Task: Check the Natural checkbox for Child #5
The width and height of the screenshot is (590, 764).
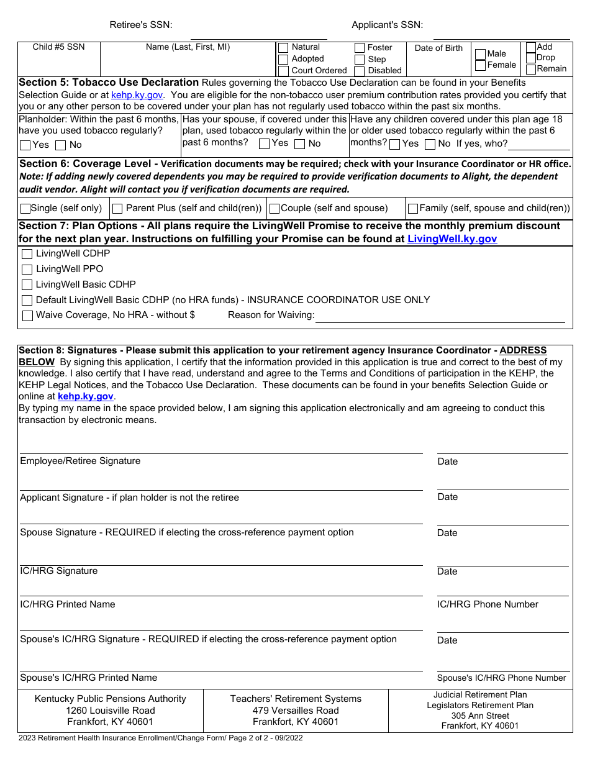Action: [x=283, y=48]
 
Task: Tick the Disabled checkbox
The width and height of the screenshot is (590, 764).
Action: [x=360, y=71]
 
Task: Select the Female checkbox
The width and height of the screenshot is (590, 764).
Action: [x=480, y=65]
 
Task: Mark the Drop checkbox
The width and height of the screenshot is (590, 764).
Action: [x=531, y=58]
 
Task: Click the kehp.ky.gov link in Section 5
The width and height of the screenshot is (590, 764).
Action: [x=137, y=95]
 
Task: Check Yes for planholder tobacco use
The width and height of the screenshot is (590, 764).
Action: [x=25, y=145]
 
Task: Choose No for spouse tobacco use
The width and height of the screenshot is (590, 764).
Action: [x=300, y=144]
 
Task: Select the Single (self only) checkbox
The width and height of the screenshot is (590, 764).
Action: [x=25, y=209]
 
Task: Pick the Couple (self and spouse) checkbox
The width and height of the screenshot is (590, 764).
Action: [x=275, y=209]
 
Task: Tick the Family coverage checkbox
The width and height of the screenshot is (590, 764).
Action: [x=413, y=209]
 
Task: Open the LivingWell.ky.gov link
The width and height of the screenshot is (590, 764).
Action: [x=452, y=239]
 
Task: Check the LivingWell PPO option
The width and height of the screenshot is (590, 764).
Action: [x=27, y=270]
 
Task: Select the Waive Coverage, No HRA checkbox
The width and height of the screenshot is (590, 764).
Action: [x=27, y=316]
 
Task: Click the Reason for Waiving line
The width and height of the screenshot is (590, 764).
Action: [x=440, y=317]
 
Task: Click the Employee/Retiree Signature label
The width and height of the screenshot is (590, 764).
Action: [x=80, y=461]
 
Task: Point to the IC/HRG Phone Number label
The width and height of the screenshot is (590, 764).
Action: [x=488, y=604]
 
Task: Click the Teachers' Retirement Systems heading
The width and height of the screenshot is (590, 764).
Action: [x=296, y=699]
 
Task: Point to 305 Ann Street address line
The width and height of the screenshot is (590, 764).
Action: [x=480, y=716]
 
